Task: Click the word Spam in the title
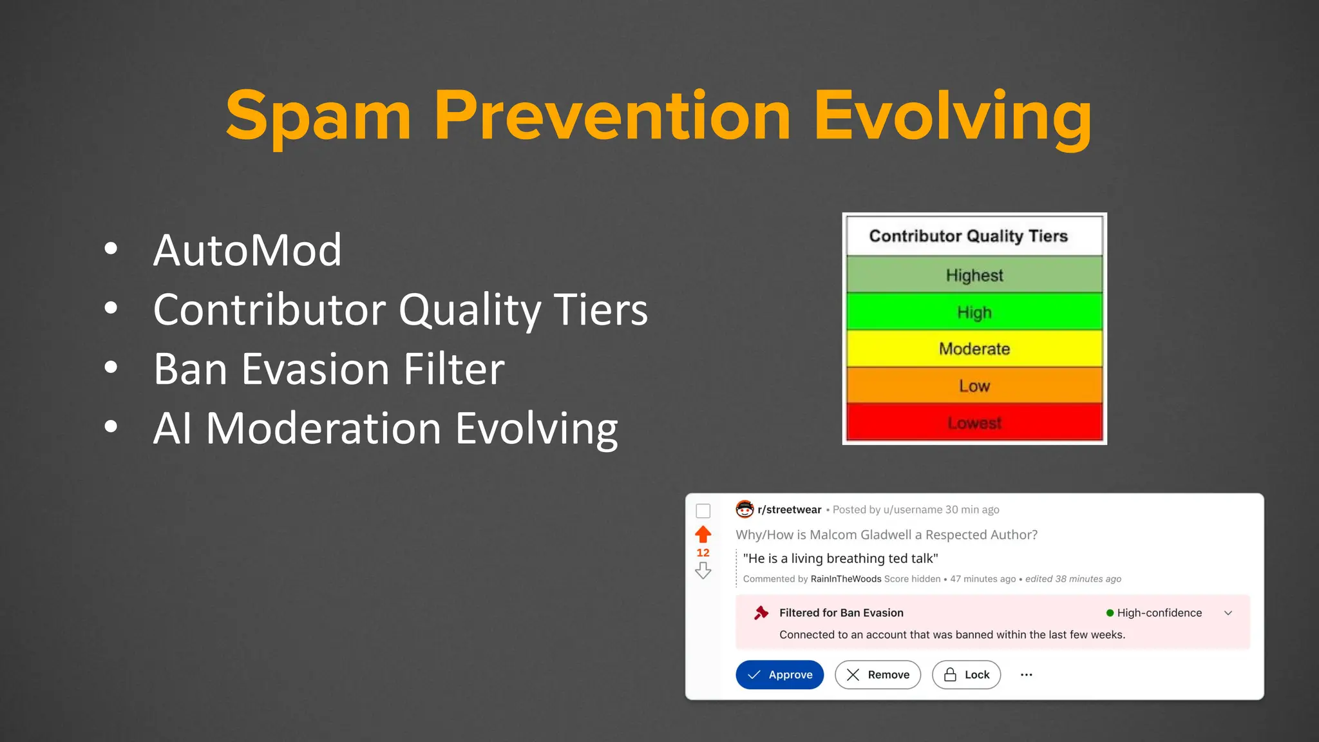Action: (x=318, y=116)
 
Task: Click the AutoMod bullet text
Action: (x=247, y=250)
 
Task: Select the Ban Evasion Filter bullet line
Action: (x=328, y=369)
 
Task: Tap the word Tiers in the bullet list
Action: (x=600, y=310)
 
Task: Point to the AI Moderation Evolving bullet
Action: (x=385, y=428)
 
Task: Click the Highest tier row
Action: (x=974, y=275)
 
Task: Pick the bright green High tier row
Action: (x=974, y=312)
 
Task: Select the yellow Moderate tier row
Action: (x=974, y=349)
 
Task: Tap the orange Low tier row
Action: (x=974, y=386)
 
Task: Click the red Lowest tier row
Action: (x=974, y=423)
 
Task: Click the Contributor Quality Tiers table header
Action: (x=968, y=236)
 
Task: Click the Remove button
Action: (x=877, y=674)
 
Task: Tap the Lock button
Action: (x=966, y=674)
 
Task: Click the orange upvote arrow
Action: (x=703, y=534)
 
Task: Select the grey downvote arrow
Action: (x=703, y=571)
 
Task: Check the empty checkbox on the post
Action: (x=703, y=511)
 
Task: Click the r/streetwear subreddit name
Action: (x=789, y=509)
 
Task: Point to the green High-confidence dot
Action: (x=1110, y=613)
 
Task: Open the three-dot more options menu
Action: (x=1027, y=674)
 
